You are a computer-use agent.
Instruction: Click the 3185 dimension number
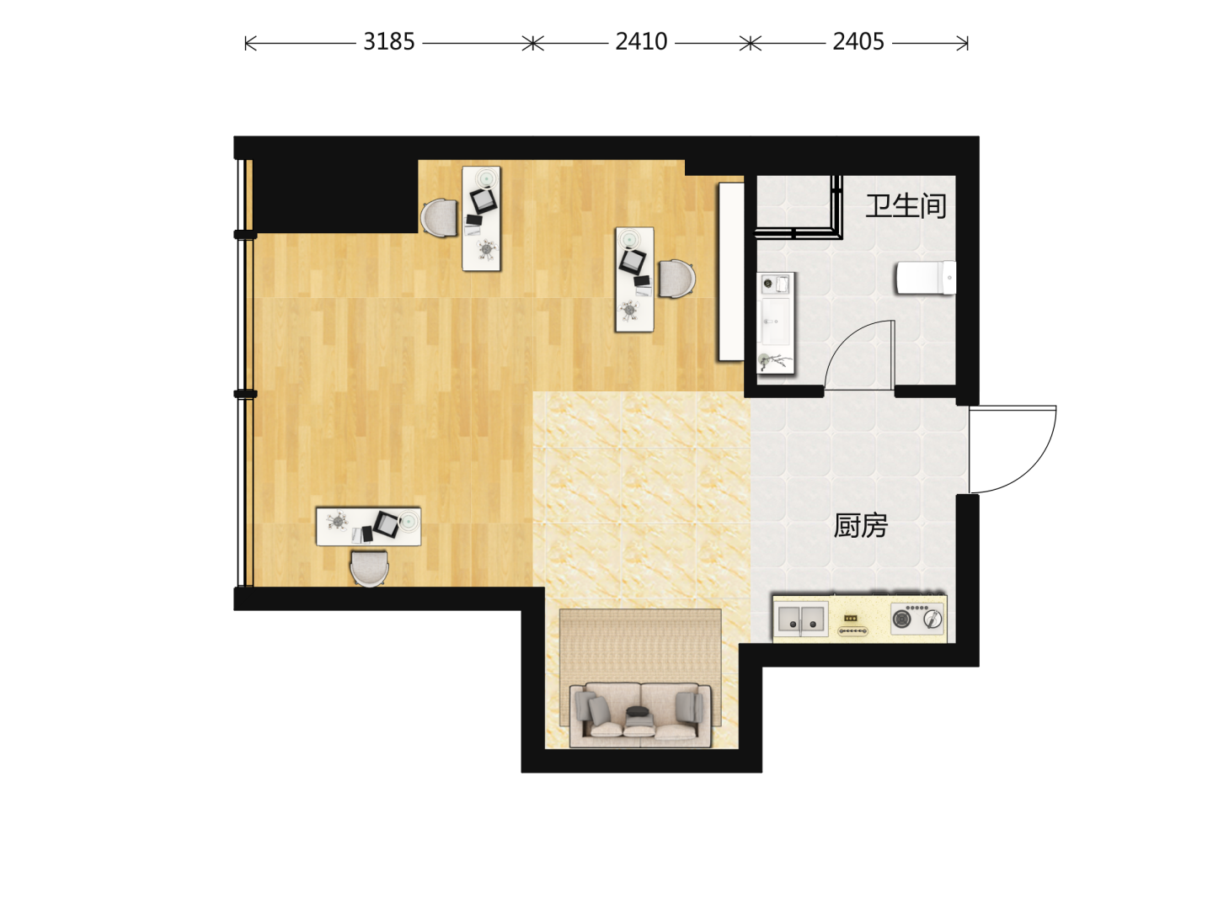(x=388, y=42)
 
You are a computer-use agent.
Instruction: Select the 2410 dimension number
(x=641, y=42)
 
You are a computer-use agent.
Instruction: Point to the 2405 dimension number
(x=858, y=42)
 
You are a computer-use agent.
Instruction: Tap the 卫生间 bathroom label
(x=906, y=206)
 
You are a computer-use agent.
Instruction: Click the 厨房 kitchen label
(x=860, y=525)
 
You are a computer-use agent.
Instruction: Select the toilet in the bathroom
(x=926, y=278)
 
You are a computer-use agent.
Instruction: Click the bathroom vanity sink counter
(x=775, y=323)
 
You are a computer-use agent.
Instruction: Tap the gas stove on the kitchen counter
(x=916, y=619)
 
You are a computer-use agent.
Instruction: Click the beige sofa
(x=640, y=715)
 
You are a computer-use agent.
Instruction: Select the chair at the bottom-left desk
(x=369, y=568)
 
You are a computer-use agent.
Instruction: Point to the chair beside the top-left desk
(x=440, y=218)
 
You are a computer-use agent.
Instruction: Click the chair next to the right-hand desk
(x=676, y=279)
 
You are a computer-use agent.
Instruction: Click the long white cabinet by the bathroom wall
(x=731, y=272)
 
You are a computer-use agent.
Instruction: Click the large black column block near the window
(x=335, y=196)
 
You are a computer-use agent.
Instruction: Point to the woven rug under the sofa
(x=640, y=667)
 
